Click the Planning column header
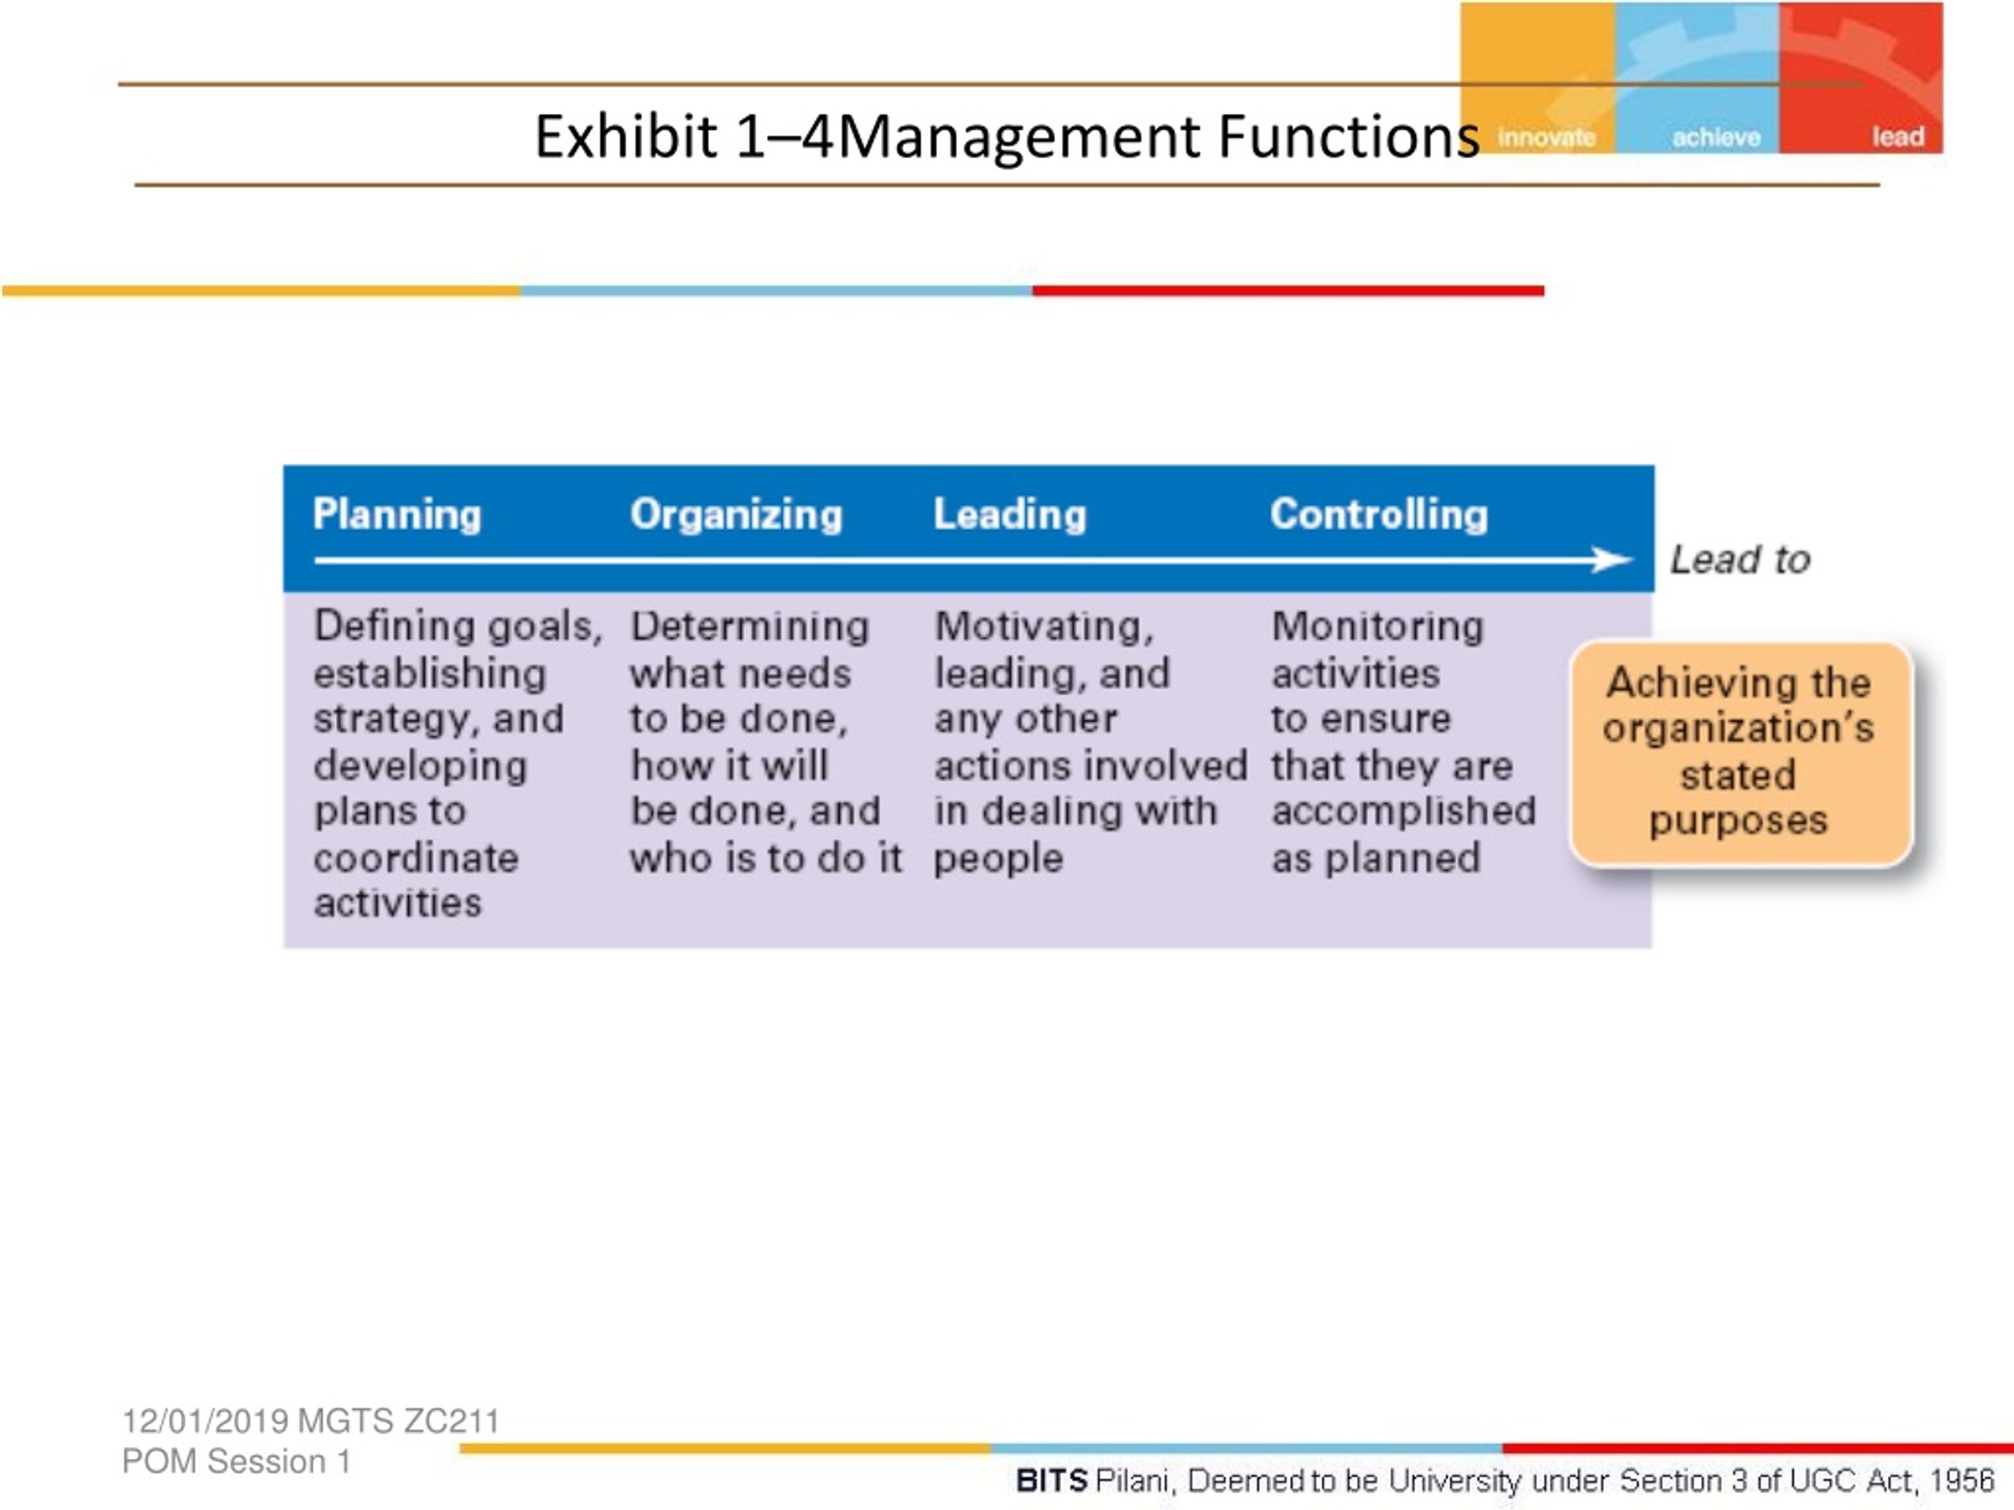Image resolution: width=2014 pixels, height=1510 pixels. [397, 515]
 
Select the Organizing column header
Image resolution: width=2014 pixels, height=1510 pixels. [736, 515]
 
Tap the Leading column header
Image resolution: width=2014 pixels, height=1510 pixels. [1009, 514]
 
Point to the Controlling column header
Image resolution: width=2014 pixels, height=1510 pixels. [1379, 514]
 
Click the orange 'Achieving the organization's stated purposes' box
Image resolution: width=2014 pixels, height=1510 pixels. [1741, 753]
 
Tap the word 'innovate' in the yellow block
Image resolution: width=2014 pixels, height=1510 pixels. [1546, 138]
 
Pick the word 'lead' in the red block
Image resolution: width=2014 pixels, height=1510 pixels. [1898, 137]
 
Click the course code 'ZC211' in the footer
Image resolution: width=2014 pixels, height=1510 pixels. [452, 1421]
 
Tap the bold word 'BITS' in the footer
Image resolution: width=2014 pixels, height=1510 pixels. [1052, 1481]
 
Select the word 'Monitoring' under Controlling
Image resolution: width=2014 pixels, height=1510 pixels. [1378, 627]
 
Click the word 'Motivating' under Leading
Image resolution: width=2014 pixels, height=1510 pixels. [1042, 627]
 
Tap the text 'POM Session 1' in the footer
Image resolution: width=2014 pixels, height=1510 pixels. [237, 1461]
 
